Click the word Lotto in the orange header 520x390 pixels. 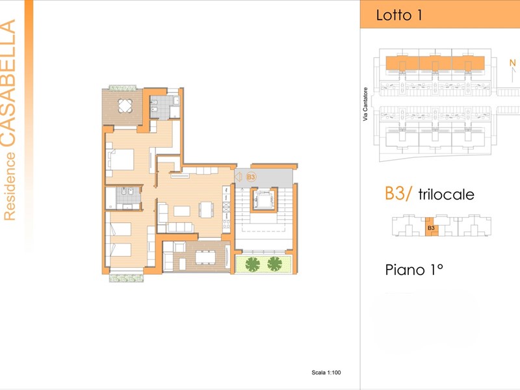pyautogui.click(x=394, y=15)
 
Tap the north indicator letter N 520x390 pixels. pyautogui.click(x=513, y=62)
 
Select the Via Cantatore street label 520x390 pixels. pyautogui.click(x=365, y=104)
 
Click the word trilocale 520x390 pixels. pyautogui.click(x=446, y=194)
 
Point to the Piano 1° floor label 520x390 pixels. pyautogui.click(x=414, y=270)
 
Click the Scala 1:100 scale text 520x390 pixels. pyautogui.click(x=326, y=372)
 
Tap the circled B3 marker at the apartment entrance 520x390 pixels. pyautogui.click(x=251, y=177)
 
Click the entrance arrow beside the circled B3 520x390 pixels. pyautogui.click(x=238, y=177)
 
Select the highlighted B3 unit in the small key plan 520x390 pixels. pyautogui.click(x=432, y=227)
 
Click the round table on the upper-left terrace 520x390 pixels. pyautogui.click(x=125, y=106)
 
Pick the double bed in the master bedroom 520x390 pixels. pyautogui.click(x=120, y=159)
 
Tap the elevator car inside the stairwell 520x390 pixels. pyautogui.click(x=264, y=200)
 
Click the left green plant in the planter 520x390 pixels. pyautogui.click(x=253, y=265)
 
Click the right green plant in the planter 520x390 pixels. pyautogui.click(x=274, y=264)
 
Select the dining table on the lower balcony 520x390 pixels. pyautogui.click(x=205, y=257)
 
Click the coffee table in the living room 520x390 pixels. pyautogui.click(x=182, y=211)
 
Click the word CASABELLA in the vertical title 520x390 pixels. pyautogui.click(x=8, y=83)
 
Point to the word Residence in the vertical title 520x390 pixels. pyautogui.click(x=9, y=186)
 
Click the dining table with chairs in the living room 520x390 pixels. pyautogui.click(x=206, y=210)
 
